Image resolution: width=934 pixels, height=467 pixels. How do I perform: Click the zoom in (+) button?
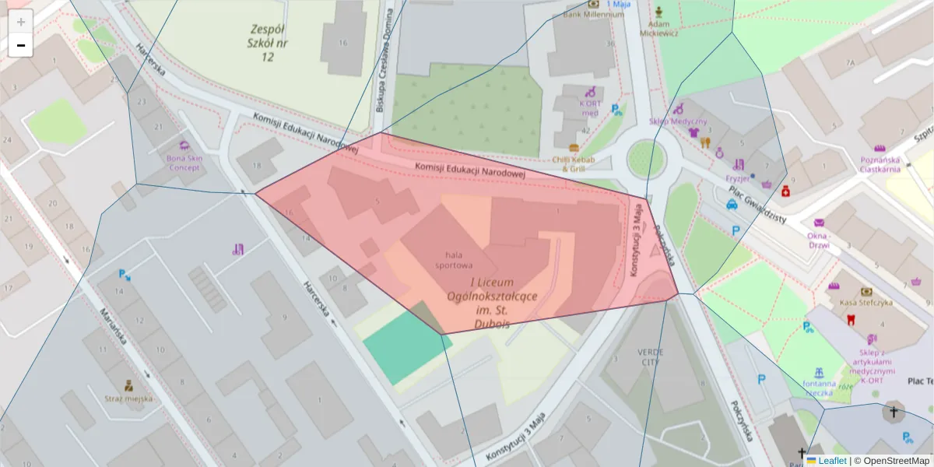(20, 22)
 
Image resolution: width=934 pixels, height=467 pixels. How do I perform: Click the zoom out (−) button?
(20, 45)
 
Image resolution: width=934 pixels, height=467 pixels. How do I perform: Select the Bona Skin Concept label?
(184, 163)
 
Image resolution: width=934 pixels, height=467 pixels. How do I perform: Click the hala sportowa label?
(459, 259)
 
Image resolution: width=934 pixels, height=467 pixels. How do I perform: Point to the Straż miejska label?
(128, 398)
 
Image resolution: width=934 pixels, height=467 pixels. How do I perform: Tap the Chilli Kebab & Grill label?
(574, 163)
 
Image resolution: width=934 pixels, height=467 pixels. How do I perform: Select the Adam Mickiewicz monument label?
(659, 28)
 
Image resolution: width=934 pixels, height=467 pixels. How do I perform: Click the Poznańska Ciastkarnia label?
(880, 163)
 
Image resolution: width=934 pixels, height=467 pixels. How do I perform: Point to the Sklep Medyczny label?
(678, 121)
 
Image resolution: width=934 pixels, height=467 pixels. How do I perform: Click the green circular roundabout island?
(646, 159)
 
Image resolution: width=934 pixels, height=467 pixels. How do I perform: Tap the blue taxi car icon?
(732, 205)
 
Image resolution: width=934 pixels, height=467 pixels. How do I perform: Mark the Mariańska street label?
(112, 327)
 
